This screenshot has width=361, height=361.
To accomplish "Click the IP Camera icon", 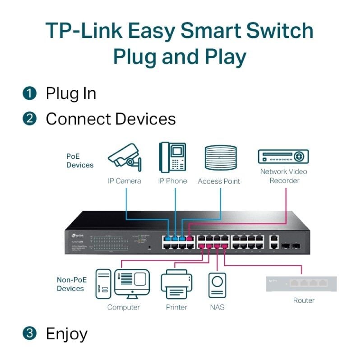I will tap(124, 157).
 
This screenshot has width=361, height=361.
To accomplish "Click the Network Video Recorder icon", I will tap(283, 157).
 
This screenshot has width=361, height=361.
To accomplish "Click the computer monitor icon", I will tap(131, 283).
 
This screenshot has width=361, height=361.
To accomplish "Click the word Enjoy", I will tap(66, 334).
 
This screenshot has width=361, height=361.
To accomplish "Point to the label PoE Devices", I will tap(79, 161).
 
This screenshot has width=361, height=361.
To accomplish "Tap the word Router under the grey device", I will tap(304, 300).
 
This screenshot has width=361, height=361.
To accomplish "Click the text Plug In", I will tap(71, 93).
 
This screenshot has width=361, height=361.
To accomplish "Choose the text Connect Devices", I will tap(111, 119).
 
